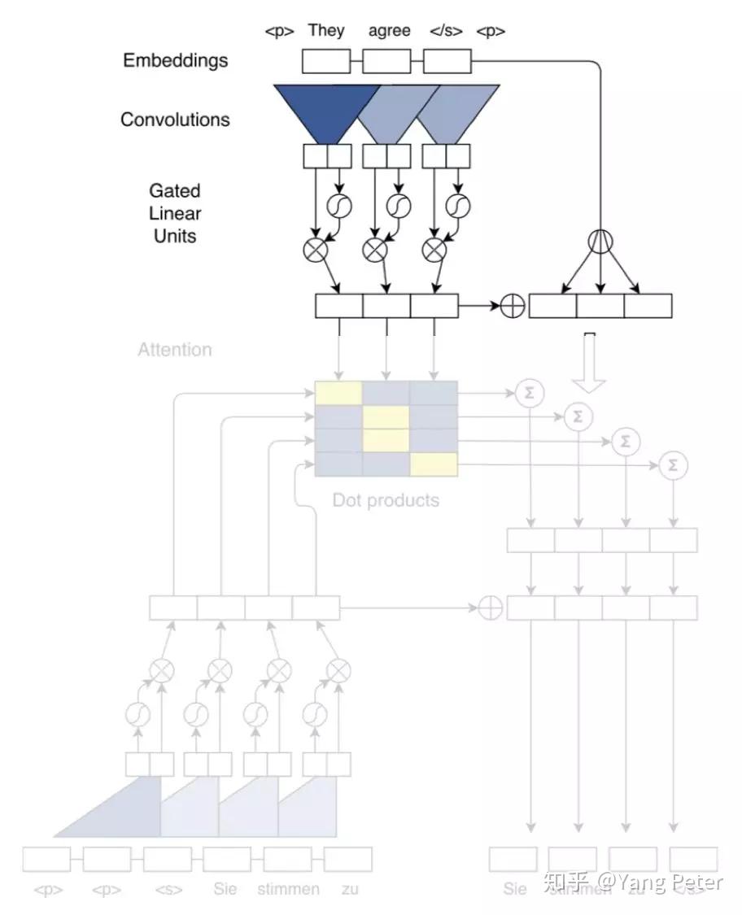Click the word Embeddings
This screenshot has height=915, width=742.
[x=175, y=60]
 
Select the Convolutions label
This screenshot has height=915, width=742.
[x=175, y=120]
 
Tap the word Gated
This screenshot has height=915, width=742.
[x=174, y=190]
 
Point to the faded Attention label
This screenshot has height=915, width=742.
[x=174, y=350]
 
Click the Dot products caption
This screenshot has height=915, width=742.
[x=386, y=500]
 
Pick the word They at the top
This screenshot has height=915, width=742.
[x=326, y=31]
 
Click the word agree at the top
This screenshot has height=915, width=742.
[x=390, y=31]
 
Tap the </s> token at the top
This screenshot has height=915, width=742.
[x=446, y=32]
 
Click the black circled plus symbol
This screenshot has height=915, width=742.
[x=512, y=306]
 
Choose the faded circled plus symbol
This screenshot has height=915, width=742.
[x=490, y=608]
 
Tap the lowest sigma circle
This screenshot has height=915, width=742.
[x=672, y=465]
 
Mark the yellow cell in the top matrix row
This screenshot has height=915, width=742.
[x=338, y=393]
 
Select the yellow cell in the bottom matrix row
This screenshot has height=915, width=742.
[x=434, y=464]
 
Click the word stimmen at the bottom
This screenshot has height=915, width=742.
[x=288, y=889]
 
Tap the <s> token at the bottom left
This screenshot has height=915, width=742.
[x=168, y=890]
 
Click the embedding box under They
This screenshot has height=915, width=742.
[x=326, y=61]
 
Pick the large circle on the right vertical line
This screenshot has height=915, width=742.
[x=600, y=241]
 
